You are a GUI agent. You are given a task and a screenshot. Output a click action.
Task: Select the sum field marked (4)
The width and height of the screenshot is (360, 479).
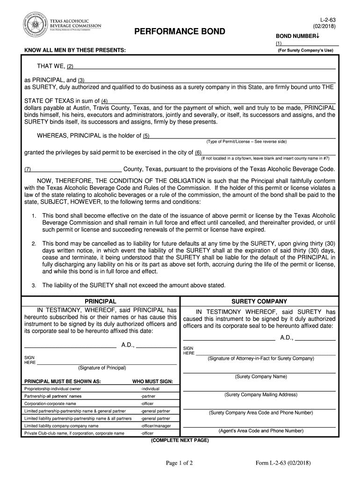[222, 101]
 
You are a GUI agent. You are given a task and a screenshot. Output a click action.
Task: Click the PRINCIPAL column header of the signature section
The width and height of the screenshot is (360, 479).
[100, 302]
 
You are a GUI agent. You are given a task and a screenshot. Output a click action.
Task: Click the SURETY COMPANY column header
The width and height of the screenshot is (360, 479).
[259, 302]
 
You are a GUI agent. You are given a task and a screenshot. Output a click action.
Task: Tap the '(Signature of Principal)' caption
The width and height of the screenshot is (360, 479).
[102, 368]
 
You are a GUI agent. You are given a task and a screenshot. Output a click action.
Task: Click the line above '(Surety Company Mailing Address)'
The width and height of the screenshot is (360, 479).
[259, 390]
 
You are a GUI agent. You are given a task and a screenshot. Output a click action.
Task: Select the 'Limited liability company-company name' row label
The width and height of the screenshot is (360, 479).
[61, 426]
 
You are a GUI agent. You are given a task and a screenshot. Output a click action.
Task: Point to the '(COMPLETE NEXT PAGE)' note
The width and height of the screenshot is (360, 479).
[180, 441]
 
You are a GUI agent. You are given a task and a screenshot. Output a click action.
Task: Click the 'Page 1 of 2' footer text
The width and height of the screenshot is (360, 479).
[180, 463]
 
